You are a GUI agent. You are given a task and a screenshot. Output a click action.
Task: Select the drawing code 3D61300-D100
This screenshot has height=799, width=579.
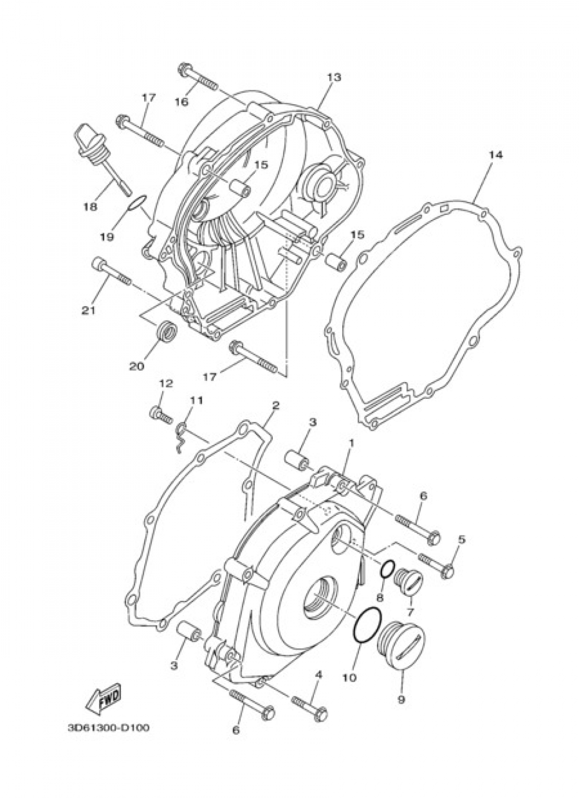click(108, 727)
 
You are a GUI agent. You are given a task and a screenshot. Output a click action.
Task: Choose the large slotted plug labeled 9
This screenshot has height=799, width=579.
click(401, 644)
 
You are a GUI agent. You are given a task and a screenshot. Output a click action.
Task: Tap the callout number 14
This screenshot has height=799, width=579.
click(497, 155)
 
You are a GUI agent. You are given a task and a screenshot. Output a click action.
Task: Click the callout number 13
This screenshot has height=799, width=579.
click(334, 76)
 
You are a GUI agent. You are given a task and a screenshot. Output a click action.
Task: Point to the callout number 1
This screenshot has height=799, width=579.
click(350, 442)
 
